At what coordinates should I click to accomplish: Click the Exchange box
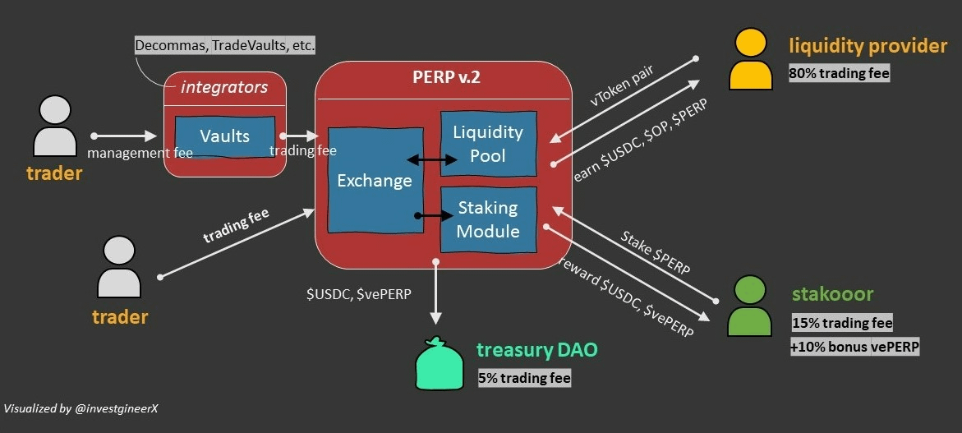coord(375,180)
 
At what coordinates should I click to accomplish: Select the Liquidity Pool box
coord(488,143)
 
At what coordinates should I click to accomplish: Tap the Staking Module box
coord(488,219)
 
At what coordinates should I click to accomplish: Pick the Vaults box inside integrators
coord(224,136)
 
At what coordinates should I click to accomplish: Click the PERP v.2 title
coord(446,78)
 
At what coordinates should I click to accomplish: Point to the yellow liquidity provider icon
coord(751,60)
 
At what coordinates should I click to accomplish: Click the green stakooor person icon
coord(749,306)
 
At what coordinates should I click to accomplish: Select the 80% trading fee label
coord(839,73)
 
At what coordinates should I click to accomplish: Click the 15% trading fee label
coord(842,323)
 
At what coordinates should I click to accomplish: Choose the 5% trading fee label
coord(524,378)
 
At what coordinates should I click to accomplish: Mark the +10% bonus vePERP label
coord(855,347)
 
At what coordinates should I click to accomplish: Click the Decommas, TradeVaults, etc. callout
coord(225,45)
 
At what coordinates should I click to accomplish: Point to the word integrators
coord(224,86)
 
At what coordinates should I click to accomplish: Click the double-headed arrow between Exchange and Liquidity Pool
coord(432,162)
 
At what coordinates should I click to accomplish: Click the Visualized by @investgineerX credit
coord(80,408)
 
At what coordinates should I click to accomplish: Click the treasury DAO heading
coord(536,351)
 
